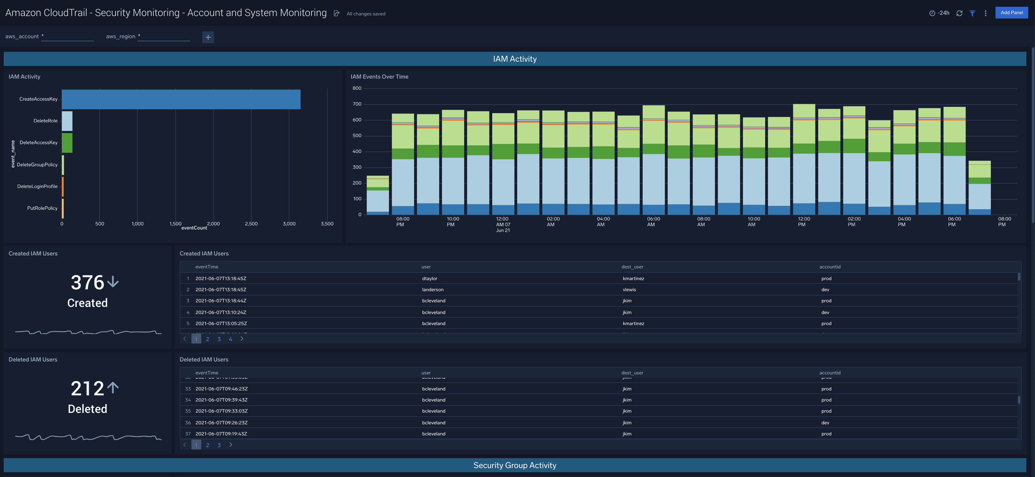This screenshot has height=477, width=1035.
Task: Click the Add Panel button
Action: tap(1011, 12)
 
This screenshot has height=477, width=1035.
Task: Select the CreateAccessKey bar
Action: tap(181, 99)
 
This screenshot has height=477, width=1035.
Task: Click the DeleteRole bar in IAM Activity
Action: tap(67, 121)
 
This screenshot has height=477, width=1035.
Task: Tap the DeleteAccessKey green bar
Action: tap(67, 143)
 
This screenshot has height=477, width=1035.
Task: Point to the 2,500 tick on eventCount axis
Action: tap(251, 224)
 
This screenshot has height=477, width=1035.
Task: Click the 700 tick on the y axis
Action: tap(357, 104)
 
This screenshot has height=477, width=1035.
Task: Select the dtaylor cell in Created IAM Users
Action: tap(430, 278)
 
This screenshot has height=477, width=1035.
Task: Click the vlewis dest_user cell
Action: tap(629, 289)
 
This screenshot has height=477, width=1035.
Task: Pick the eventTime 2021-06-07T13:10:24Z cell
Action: tap(221, 312)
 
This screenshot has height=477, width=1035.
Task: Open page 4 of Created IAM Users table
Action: tap(230, 339)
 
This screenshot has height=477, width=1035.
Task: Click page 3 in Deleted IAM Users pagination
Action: tap(219, 445)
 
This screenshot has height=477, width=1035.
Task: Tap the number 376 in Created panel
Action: tap(88, 282)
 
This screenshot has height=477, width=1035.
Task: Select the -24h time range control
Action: tap(940, 13)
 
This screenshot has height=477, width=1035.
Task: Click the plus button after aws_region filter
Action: tap(208, 37)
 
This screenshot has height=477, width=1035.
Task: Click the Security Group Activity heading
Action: tap(514, 465)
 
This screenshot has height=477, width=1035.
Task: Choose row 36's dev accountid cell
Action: tap(825, 423)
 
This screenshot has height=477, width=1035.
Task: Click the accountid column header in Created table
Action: tap(830, 267)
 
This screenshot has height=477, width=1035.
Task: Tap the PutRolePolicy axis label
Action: tap(42, 208)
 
